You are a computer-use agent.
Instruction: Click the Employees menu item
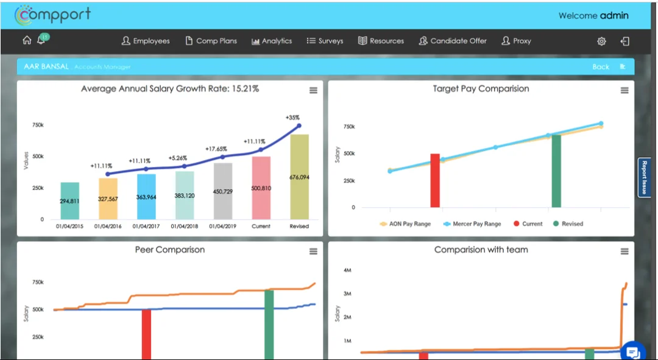[x=146, y=41]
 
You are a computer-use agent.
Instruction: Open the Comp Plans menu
[x=211, y=41]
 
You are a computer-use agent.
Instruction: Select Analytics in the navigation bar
[x=272, y=41]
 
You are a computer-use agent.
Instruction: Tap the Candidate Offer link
[x=453, y=41]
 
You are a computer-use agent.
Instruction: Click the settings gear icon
[x=601, y=41]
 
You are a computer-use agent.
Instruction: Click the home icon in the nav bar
[x=27, y=41]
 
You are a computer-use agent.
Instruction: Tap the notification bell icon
[x=41, y=41]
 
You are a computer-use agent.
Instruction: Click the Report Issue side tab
[x=643, y=177]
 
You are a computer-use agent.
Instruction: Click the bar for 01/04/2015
[x=70, y=200]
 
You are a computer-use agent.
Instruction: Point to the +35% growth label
[x=292, y=117]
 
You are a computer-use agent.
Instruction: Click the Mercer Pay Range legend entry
[x=472, y=224]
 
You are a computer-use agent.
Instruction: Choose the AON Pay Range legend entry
[x=405, y=224]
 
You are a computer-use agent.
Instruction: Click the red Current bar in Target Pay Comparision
[x=435, y=180]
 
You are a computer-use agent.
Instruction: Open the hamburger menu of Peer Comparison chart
[x=313, y=252]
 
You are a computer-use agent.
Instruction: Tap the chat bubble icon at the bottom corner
[x=632, y=351]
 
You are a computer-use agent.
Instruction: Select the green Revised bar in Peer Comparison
[x=269, y=324]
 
